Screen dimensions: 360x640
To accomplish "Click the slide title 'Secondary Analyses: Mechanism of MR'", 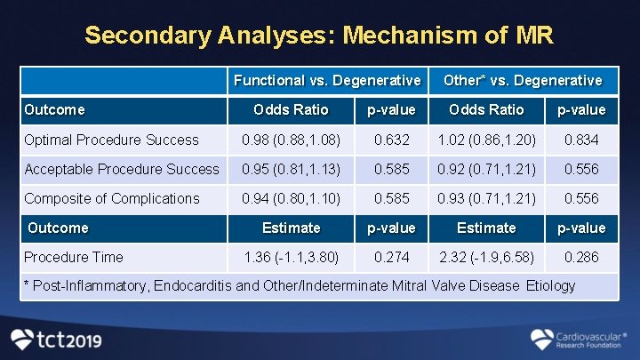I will [x=319, y=36].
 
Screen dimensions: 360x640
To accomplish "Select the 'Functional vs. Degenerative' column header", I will [x=327, y=80].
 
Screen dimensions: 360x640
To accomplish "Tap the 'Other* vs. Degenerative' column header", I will [x=523, y=80].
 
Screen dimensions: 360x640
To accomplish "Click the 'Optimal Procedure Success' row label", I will [x=112, y=140].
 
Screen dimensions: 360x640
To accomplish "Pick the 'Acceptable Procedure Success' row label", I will [x=122, y=169].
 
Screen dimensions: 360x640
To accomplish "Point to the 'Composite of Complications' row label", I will [x=112, y=198].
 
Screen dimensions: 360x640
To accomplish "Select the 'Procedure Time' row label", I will [x=74, y=257].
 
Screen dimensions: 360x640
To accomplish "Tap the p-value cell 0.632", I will [x=392, y=140].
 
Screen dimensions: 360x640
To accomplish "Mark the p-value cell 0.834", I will [x=581, y=140].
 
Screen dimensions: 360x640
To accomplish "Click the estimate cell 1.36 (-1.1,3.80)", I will [x=291, y=257].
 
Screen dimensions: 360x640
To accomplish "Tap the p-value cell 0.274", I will [x=392, y=257].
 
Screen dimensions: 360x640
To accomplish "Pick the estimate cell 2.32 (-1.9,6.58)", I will [x=486, y=257].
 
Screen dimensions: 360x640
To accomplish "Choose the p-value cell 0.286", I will [x=581, y=257].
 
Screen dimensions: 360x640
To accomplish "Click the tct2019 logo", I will [x=56, y=339].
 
